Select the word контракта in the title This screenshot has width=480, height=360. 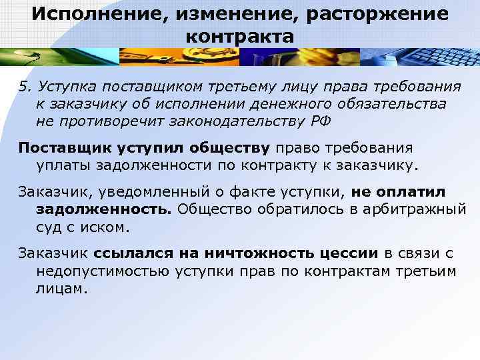tap(239, 36)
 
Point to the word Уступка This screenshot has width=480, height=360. tap(65, 87)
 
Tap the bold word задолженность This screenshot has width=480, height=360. tap(104, 210)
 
